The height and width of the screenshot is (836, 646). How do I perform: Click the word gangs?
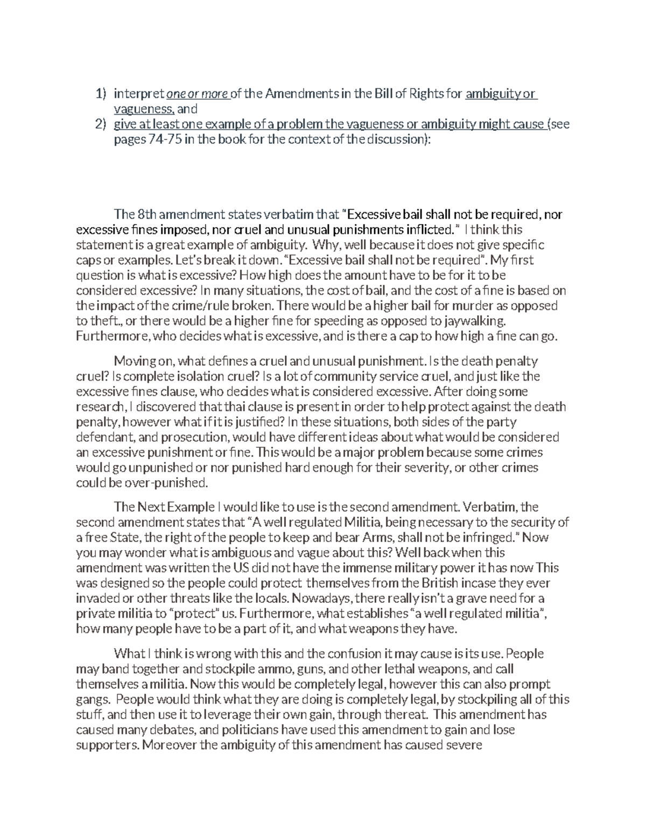pyautogui.click(x=93, y=700)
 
